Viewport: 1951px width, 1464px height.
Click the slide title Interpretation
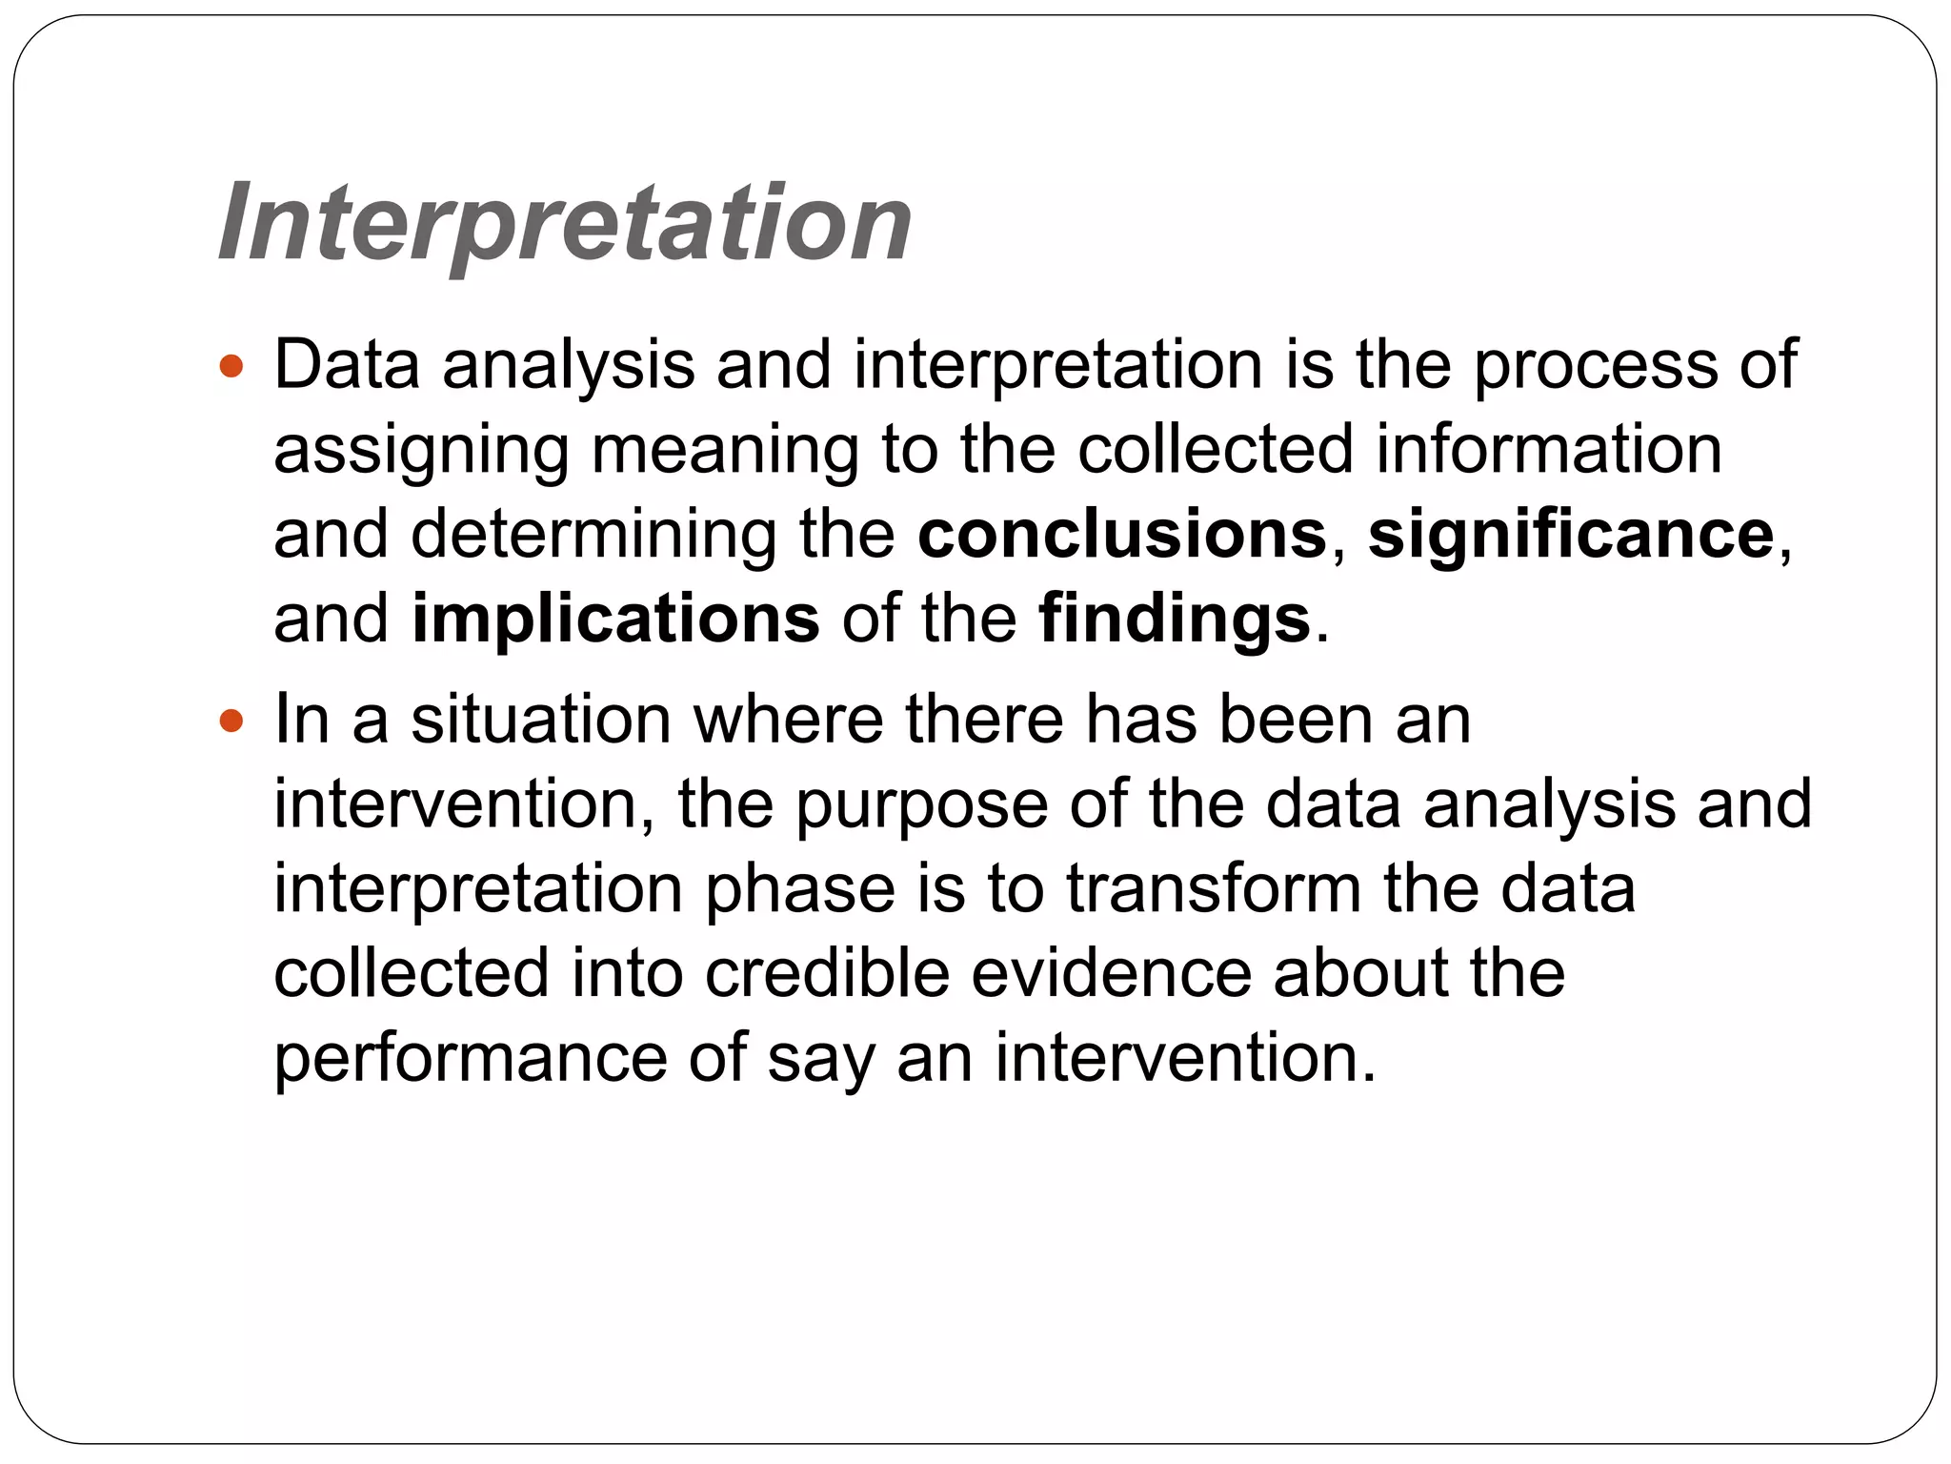[565, 224]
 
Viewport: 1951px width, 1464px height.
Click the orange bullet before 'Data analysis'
[231, 366]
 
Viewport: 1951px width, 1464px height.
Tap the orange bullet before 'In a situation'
[231, 721]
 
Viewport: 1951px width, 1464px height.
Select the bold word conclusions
[1121, 534]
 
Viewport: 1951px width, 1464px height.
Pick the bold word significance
[1571, 534]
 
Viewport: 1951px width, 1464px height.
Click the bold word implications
[614, 619]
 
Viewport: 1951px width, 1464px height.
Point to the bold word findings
[1174, 619]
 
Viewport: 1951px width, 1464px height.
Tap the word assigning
[421, 450]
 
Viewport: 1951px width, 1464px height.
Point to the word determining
[593, 534]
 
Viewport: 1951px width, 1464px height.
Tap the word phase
[800, 889]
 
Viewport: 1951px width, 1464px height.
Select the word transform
[1214, 889]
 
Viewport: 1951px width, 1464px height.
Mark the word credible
[827, 973]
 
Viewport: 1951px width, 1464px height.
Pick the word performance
[471, 1059]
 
